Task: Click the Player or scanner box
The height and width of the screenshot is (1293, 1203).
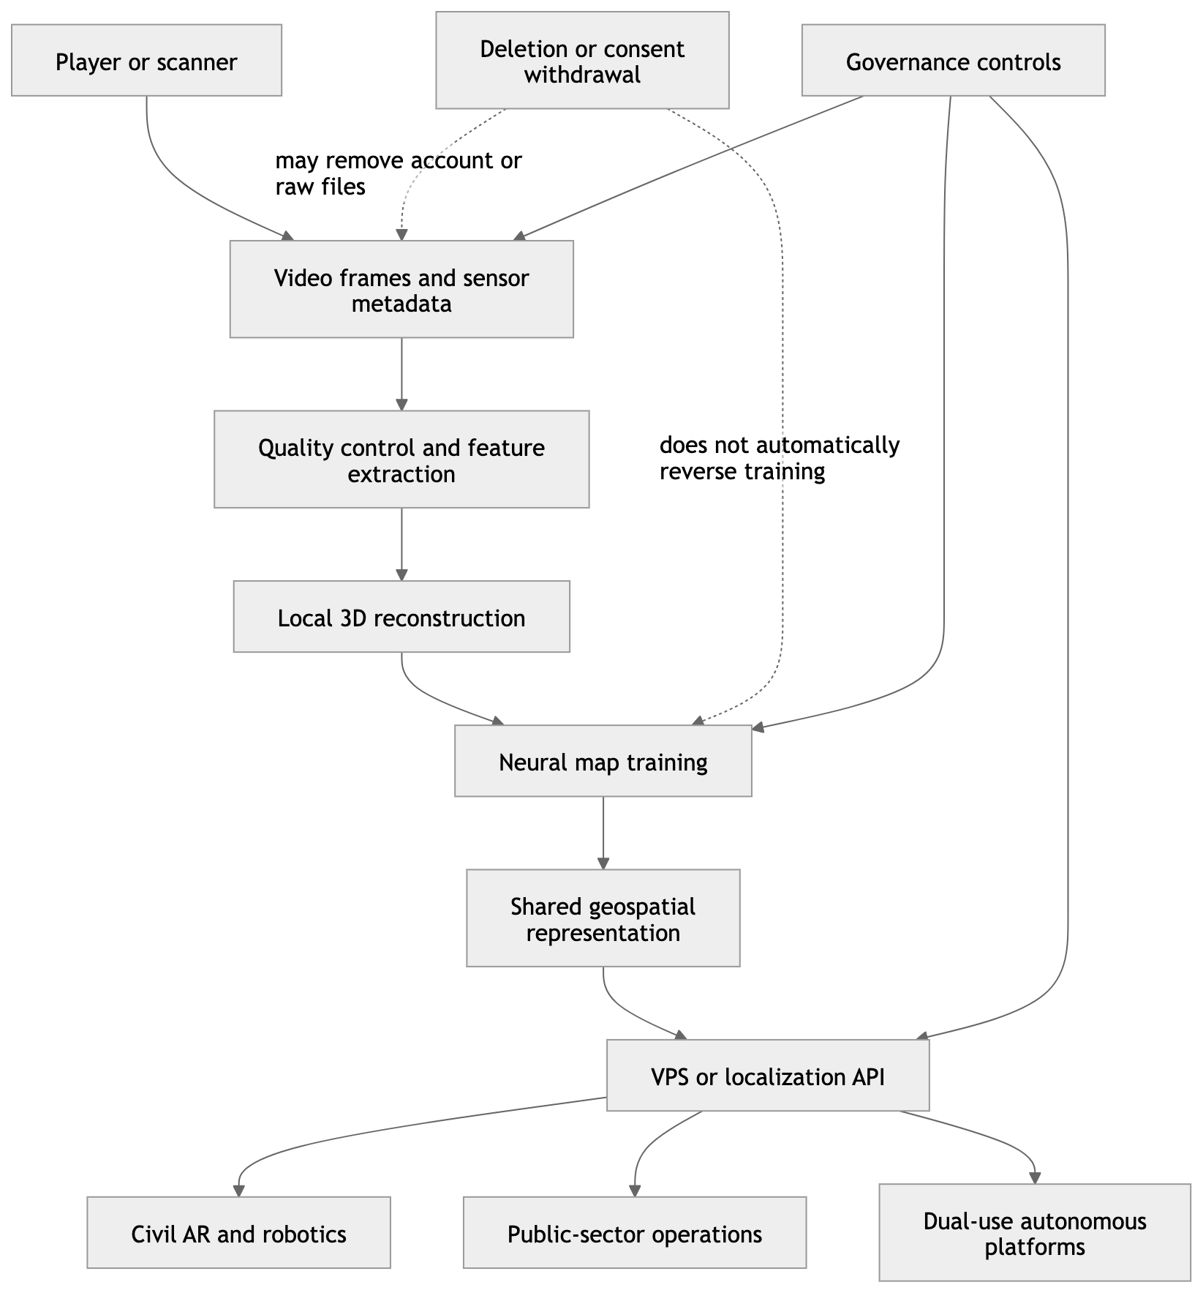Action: point(146,60)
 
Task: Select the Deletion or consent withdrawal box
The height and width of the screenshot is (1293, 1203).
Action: point(582,60)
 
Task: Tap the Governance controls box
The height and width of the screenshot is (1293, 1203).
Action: point(953,60)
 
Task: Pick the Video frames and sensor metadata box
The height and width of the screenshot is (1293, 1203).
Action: point(401,289)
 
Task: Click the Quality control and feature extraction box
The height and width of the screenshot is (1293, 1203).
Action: point(401,459)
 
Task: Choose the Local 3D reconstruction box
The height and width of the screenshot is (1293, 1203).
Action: point(401,616)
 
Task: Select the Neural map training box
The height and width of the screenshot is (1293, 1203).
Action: point(603,760)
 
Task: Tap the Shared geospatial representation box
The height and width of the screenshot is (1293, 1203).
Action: point(603,918)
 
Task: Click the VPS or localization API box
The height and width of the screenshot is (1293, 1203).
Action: point(768,1075)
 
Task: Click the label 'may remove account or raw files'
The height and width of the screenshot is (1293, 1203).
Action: point(399,173)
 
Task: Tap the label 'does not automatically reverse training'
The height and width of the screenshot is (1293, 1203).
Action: point(780,457)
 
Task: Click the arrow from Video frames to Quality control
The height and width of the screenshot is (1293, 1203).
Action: point(401,374)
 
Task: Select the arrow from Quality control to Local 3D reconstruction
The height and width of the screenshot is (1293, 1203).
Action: point(401,544)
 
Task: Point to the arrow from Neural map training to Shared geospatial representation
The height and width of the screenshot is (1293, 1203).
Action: point(603,833)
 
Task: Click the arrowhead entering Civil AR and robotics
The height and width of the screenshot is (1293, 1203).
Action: point(238,1191)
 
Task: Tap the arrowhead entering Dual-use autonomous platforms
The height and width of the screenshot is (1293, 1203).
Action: point(1035,1177)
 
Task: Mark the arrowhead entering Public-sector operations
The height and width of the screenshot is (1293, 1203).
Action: point(635,1191)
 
